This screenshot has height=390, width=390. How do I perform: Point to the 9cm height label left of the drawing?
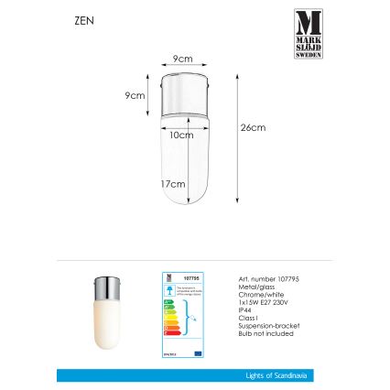tap(134, 95)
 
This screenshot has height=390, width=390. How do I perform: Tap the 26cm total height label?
tap(245, 128)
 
